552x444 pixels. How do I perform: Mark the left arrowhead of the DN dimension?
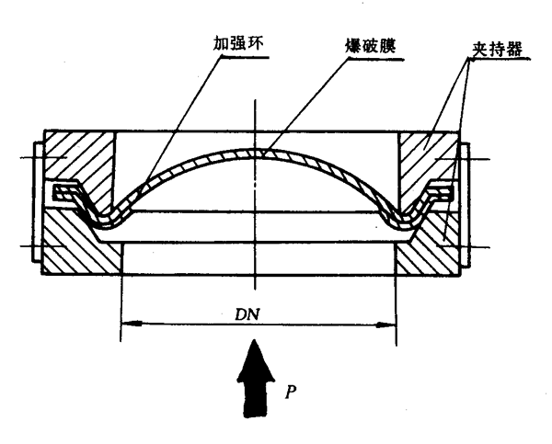[128, 323]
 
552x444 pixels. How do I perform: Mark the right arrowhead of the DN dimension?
[390, 323]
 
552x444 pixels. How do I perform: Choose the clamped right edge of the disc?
[442, 190]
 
